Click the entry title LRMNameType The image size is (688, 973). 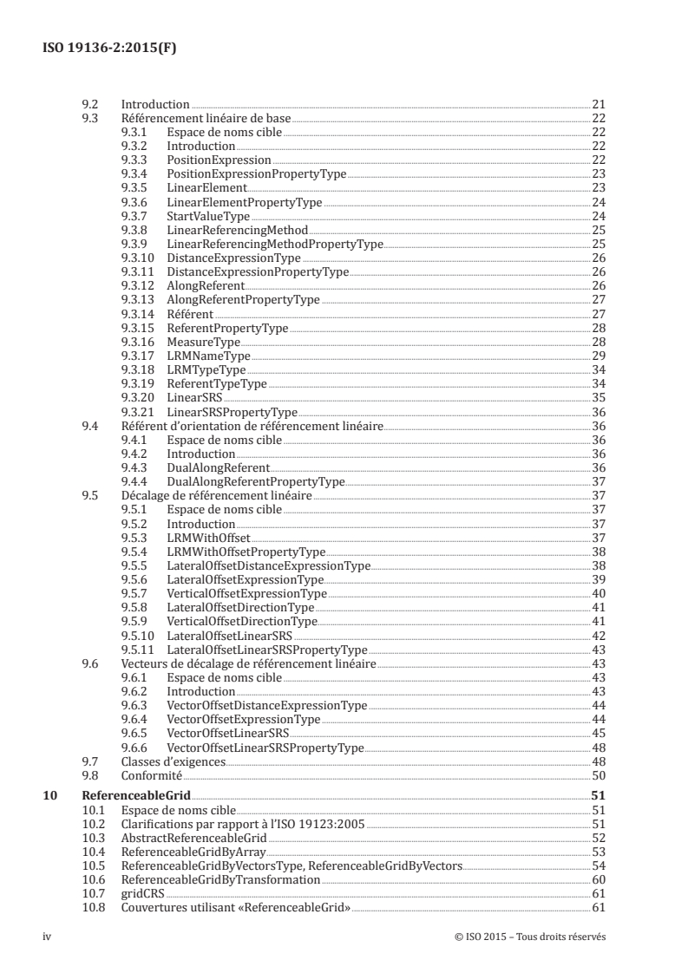pos(208,356)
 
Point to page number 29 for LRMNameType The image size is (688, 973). pos(598,356)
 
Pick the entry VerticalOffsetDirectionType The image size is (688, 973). pos(242,622)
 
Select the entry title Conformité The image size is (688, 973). pos(145,775)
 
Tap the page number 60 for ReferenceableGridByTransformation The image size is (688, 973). pos(598,878)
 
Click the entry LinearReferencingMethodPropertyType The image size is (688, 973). pos(275,245)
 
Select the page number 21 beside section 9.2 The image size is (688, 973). pos(598,105)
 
